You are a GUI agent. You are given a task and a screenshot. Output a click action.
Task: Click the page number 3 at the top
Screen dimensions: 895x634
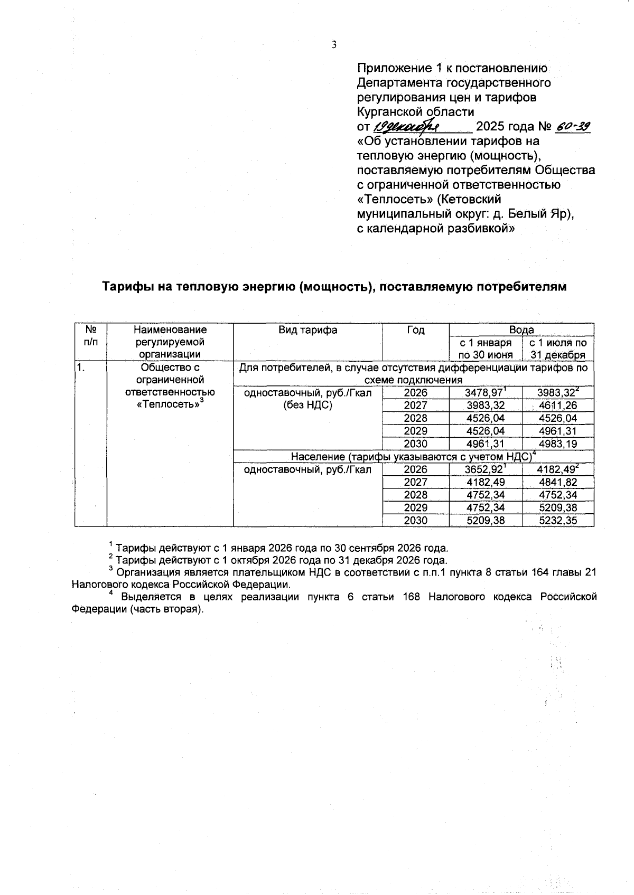(334, 45)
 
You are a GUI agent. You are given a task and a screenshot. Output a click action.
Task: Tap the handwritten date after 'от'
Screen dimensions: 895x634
(407, 127)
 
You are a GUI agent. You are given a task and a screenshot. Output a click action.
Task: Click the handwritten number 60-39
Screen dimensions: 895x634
(573, 127)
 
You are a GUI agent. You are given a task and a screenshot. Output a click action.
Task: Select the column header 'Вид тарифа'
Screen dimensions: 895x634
(308, 330)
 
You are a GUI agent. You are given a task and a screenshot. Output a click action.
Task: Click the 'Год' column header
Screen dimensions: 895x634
(416, 330)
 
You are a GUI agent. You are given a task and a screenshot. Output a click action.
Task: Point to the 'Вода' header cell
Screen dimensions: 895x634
(521, 330)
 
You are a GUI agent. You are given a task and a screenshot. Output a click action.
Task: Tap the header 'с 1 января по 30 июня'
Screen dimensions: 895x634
(486, 348)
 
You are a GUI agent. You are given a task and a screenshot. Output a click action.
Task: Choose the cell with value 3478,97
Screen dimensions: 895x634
(483, 393)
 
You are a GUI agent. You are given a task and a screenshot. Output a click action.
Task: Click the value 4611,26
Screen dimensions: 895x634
(558, 406)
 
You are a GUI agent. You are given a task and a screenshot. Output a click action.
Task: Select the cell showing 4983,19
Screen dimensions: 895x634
(558, 444)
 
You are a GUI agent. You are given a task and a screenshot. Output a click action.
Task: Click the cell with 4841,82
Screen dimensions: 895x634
(558, 482)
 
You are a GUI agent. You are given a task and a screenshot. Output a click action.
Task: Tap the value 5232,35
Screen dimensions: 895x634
(558, 521)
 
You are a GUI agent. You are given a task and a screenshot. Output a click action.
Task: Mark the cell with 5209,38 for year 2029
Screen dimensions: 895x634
(558, 508)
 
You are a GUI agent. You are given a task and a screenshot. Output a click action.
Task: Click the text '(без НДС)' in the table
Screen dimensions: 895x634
(308, 406)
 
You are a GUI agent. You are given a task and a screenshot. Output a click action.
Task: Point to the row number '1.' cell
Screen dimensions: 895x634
(81, 368)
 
